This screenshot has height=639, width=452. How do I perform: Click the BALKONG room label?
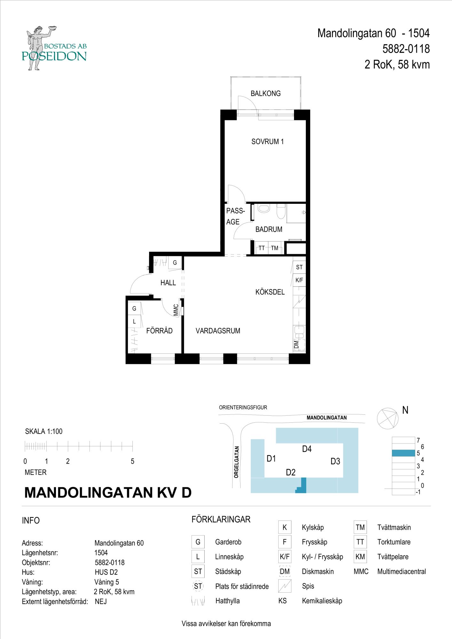click(266, 94)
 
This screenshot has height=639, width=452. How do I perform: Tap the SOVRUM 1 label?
click(267, 142)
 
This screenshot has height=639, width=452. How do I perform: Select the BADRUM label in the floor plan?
click(269, 229)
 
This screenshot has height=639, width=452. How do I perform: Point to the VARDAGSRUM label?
click(218, 331)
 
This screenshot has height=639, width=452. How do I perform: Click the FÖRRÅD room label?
click(159, 330)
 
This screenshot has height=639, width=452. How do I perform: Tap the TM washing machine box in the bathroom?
click(274, 248)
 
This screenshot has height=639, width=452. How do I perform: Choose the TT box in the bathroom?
click(262, 248)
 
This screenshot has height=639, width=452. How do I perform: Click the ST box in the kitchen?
click(299, 267)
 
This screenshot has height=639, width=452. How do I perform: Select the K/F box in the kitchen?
click(299, 280)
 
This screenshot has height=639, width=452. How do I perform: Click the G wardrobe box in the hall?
click(175, 263)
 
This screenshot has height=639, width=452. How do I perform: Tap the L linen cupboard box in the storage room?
click(134, 322)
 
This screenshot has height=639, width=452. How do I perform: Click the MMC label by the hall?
click(176, 310)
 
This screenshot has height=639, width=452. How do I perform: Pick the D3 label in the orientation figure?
click(335, 461)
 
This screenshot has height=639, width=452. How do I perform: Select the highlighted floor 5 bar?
click(404, 453)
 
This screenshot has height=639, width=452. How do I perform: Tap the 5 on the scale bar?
click(132, 461)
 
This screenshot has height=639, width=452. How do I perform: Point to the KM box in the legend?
click(360, 557)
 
